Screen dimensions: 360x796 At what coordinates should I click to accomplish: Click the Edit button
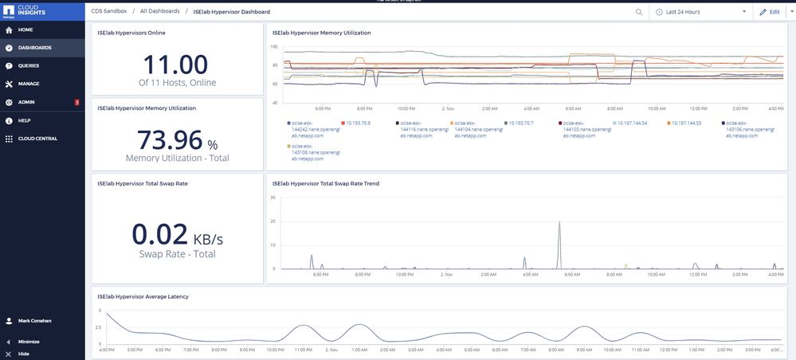(770, 12)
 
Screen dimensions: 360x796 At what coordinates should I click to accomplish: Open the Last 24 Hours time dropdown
(702, 12)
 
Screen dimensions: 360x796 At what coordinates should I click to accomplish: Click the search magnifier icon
(639, 12)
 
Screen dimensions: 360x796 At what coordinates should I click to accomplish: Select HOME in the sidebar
(25, 29)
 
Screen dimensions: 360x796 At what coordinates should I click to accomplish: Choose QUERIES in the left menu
(29, 65)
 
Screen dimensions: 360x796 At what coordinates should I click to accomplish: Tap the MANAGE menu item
(29, 84)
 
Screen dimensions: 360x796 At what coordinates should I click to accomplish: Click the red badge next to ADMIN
(76, 102)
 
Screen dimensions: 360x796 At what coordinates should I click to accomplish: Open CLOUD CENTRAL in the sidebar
(37, 138)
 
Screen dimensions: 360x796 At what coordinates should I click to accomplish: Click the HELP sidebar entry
(24, 120)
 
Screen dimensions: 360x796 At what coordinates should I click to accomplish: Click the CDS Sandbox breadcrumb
(108, 12)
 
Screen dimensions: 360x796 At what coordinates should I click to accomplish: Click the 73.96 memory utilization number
(170, 139)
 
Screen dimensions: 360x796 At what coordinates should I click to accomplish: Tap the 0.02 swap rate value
(159, 234)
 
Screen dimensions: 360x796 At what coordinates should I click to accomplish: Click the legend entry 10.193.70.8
(359, 123)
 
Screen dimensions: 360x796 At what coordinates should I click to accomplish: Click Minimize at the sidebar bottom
(29, 342)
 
